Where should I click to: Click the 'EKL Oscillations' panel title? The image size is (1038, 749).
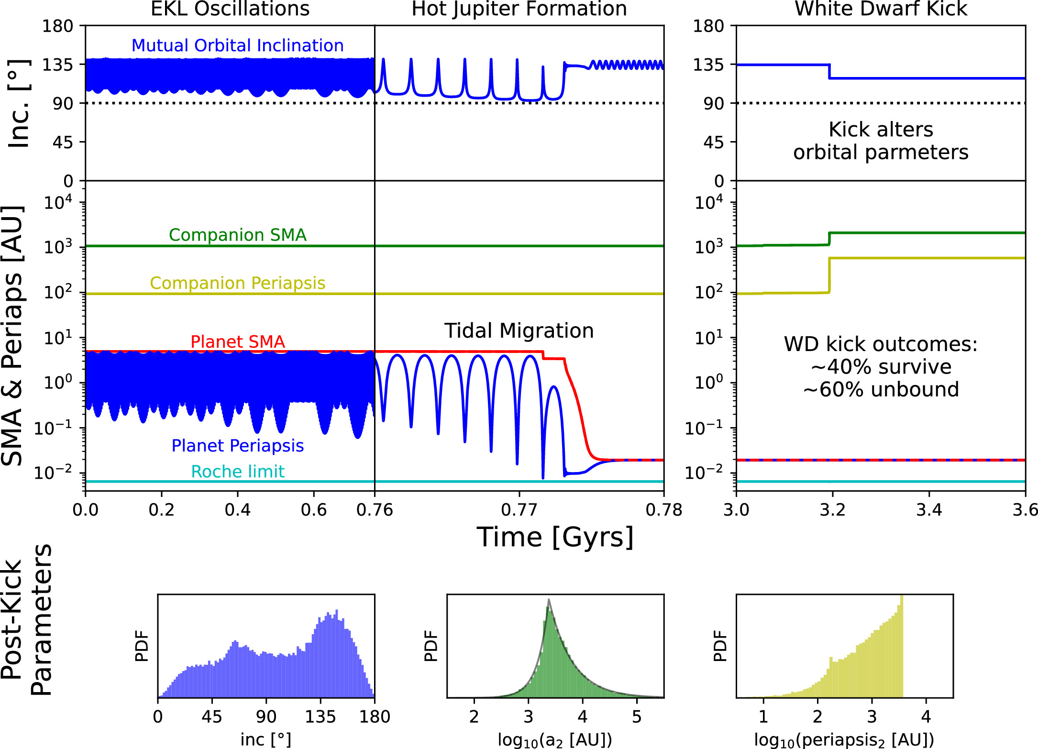tap(230, 9)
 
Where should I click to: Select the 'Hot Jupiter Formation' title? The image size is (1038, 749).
tap(519, 9)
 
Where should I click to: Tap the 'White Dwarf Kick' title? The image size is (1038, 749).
tap(881, 9)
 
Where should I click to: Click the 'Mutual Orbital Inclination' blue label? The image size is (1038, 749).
tap(237, 45)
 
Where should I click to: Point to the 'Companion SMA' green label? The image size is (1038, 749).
tap(237, 235)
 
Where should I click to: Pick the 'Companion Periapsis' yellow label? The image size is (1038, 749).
tap(237, 283)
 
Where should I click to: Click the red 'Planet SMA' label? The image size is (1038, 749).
tap(237, 341)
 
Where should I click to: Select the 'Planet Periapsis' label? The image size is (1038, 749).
tap(237, 446)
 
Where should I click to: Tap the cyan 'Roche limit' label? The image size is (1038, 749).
tap(237, 472)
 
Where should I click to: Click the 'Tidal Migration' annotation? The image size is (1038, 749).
tap(519, 330)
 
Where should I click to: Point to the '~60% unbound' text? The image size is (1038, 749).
tap(881, 389)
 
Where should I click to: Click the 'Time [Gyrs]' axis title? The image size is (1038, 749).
tap(555, 537)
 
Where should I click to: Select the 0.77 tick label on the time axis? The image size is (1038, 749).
tap(519, 510)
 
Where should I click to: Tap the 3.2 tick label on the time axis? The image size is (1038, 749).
tap(832, 510)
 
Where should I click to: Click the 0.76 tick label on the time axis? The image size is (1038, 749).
tap(375, 510)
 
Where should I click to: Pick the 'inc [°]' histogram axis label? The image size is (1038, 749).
tap(266, 739)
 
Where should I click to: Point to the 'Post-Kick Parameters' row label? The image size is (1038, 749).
tap(26, 620)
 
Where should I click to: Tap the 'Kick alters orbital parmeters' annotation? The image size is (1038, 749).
tap(881, 141)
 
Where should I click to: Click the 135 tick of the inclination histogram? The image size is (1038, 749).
tap(320, 716)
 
